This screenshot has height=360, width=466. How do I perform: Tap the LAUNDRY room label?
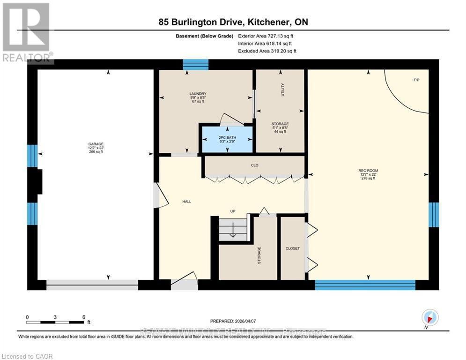(198, 94)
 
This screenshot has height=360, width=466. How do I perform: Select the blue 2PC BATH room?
(227, 139)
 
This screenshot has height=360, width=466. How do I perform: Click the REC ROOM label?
(368, 170)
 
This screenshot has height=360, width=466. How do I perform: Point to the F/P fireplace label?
(416, 80)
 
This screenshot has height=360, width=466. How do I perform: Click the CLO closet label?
(255, 165)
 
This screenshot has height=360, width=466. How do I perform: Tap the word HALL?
(186, 202)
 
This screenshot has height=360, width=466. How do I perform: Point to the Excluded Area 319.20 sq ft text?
(267, 51)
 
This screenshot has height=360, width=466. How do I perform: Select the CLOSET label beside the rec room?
(292, 248)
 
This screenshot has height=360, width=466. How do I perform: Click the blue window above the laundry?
(195, 64)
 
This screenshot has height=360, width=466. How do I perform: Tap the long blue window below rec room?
(365, 285)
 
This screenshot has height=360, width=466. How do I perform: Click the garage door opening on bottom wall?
(92, 285)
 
